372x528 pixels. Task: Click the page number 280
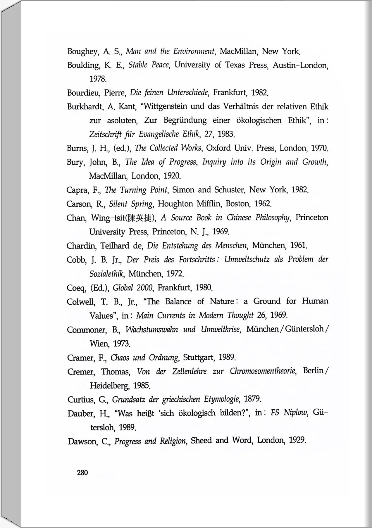coord(82,472)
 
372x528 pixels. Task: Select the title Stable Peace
coord(149,65)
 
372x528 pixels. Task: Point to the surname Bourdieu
coord(84,93)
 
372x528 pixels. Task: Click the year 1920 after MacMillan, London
coord(172,176)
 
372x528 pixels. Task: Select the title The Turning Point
coord(136,190)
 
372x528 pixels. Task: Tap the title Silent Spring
coord(131,204)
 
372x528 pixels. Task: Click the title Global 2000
coord(132,288)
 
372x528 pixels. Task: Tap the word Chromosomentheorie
coord(263,371)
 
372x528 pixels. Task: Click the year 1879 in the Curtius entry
coord(252,399)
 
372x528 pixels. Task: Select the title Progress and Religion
coord(150,441)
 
